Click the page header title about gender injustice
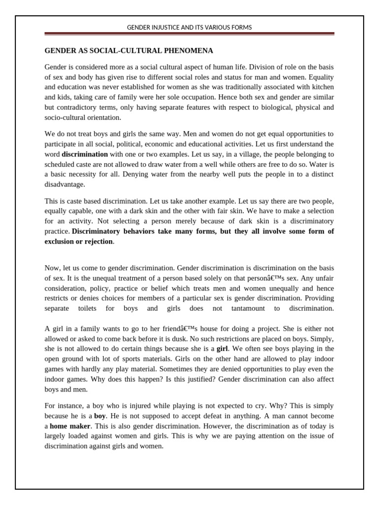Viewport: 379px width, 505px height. pyautogui.click(x=189, y=28)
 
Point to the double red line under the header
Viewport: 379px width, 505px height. pyautogui.click(x=189, y=34)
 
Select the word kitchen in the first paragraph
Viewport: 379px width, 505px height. pyautogui.click(x=321, y=87)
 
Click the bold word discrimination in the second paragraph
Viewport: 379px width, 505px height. pyautogui.click(x=84, y=154)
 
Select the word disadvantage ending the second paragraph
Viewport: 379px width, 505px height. pyautogui.click(x=64, y=184)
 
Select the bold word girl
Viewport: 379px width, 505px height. pyautogui.click(x=223, y=349)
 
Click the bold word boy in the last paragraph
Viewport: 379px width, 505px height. pyautogui.click(x=100, y=416)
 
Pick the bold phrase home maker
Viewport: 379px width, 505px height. pyautogui.click(x=70, y=426)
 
